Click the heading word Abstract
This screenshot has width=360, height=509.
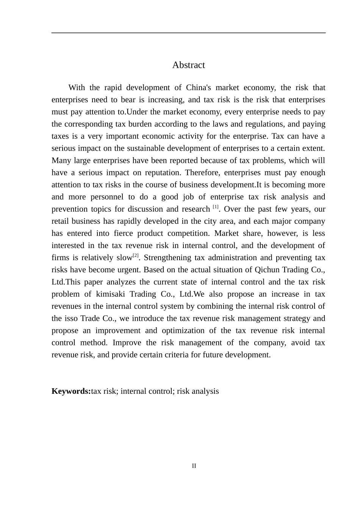(x=188, y=65)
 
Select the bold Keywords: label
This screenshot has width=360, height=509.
(x=71, y=391)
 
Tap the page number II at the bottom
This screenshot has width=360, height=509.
(x=194, y=466)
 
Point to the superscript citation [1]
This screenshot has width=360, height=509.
(x=216, y=207)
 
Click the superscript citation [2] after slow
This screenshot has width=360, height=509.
(x=135, y=255)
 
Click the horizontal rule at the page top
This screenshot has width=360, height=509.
(x=188, y=33)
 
